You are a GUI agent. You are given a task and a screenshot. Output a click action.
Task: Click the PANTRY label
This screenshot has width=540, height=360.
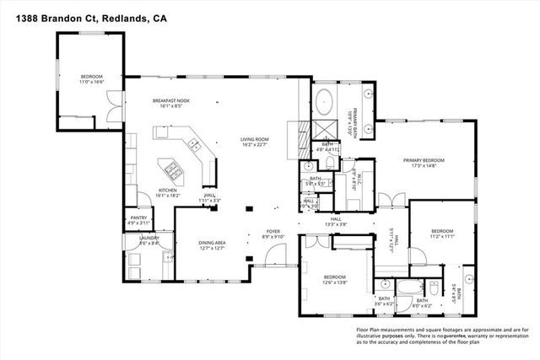[139, 219]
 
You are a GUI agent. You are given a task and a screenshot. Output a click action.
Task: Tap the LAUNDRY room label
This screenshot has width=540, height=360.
[138, 239]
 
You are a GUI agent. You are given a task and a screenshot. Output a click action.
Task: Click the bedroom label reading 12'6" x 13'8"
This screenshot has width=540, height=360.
[335, 280]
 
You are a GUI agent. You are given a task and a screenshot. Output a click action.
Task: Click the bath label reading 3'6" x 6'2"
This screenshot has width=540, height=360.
[384, 302]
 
